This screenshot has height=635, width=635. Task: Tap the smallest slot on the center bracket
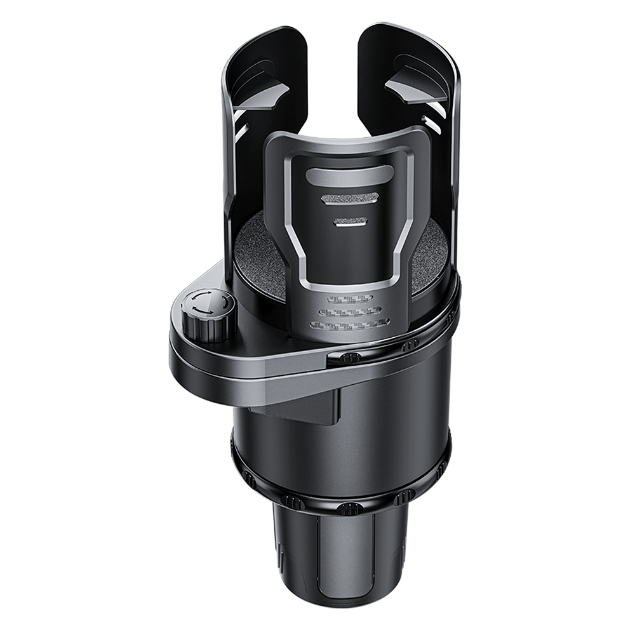click(350, 222)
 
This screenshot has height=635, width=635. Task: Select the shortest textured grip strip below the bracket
click(349, 299)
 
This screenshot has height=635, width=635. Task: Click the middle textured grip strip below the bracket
click(349, 312)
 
